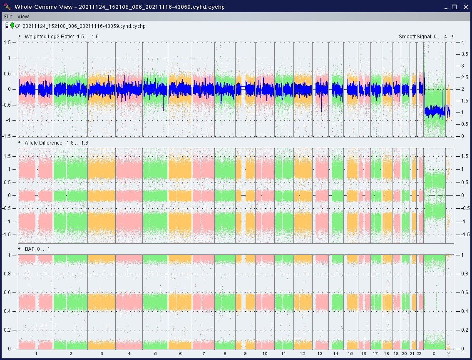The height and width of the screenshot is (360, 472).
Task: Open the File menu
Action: coord(8,17)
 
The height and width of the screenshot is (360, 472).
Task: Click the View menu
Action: coord(23,17)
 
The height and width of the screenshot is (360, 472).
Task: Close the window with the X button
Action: coord(465,7)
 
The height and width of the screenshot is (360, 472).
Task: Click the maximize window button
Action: coord(454,7)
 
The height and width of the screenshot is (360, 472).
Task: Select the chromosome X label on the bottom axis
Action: coord(434,354)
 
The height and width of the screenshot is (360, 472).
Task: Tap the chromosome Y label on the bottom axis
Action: coord(449,354)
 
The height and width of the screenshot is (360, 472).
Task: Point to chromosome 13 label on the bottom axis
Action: coord(320,354)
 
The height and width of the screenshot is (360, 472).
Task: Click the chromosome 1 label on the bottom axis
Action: coord(36,354)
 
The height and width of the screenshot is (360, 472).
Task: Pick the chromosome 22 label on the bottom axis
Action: coord(419,354)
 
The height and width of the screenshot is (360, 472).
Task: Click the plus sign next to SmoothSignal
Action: coord(452,36)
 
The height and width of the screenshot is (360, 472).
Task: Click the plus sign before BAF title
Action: coord(20,248)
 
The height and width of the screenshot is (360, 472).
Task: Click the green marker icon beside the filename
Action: coord(12,26)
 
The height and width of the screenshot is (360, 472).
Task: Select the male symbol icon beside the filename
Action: coord(17,26)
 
